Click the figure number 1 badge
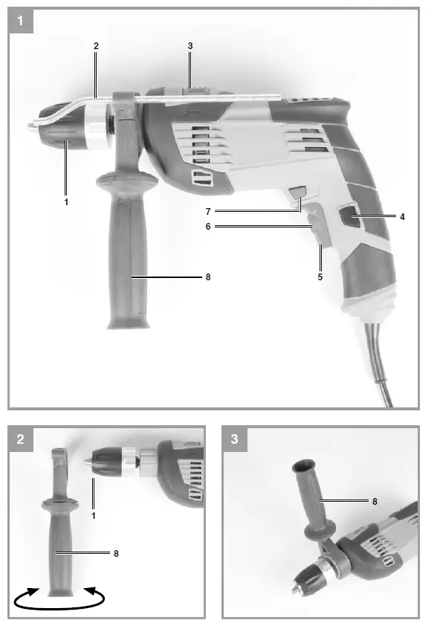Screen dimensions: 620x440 coord(22,22)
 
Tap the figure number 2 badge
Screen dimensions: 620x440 coord(22,439)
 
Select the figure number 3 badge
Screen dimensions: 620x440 coord(236,439)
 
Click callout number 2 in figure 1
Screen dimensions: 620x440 coord(96,46)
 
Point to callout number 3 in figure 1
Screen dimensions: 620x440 coord(190,46)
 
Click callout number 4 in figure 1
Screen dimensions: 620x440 coord(402,217)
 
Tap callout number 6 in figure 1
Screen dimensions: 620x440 coord(209,227)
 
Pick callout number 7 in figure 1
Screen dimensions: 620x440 coord(209,212)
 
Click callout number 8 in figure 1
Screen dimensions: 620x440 coord(209,277)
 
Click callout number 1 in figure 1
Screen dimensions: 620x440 coord(65,201)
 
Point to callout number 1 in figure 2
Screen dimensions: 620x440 coord(94,514)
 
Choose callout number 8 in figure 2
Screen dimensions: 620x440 coord(116,553)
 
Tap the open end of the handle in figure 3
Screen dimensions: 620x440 coord(301,467)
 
